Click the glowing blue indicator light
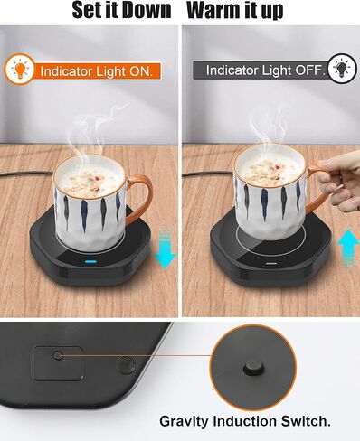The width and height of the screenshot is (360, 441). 90,261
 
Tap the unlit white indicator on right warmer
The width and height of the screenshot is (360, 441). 270,263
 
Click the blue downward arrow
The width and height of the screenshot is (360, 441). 165,249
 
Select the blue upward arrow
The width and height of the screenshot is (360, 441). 348,248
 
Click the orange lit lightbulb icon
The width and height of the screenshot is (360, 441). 20,70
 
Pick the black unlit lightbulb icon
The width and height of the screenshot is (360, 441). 342,68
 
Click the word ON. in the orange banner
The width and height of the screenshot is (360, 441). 141,71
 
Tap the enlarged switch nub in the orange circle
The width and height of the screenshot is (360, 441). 253,368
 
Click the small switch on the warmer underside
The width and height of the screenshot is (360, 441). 58,355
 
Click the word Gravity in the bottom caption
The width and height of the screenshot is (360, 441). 184,421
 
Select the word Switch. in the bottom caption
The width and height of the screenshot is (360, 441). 306,421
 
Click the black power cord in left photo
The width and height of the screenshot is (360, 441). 27,174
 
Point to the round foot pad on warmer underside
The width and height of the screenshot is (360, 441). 125,365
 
